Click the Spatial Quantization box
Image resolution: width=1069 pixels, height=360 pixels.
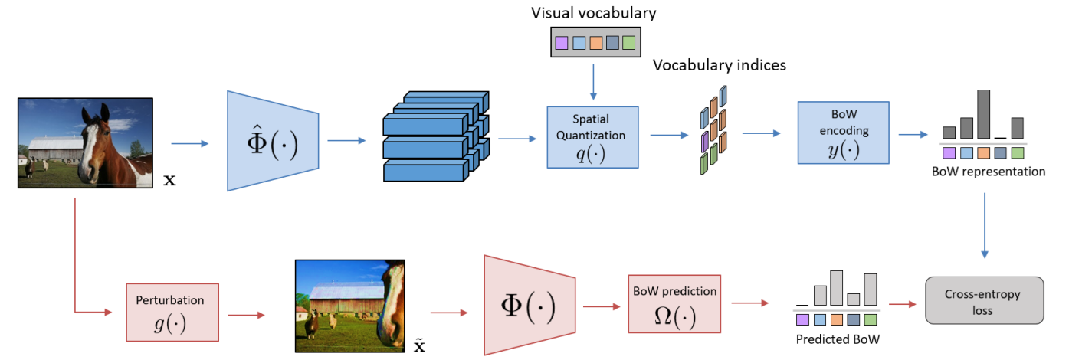592,136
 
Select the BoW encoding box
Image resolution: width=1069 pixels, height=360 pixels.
844,132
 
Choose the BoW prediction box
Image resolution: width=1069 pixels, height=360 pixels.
674,303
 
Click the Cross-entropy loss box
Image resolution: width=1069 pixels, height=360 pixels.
985,299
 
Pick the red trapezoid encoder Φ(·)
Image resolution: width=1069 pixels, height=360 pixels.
530,305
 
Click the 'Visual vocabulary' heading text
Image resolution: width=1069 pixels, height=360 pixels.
594,12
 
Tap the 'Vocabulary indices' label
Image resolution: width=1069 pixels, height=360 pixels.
719,65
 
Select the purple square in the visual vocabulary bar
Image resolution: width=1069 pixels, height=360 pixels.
562,43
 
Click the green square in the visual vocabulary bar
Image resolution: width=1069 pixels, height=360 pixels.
628,43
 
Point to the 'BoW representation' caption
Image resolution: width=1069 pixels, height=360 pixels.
989,172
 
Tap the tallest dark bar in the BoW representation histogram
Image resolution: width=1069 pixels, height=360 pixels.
983,113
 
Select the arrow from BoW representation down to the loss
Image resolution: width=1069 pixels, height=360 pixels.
985,226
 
